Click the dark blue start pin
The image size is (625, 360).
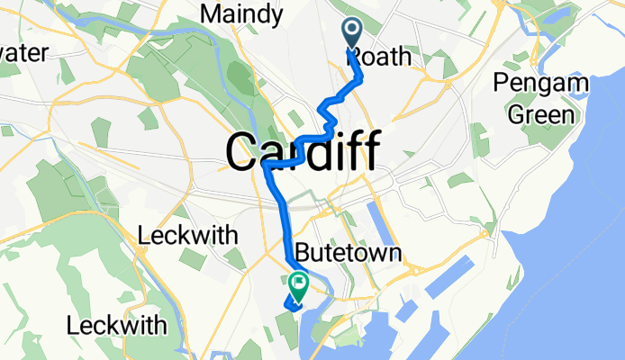tap(350, 33)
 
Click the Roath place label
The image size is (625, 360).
tap(379, 58)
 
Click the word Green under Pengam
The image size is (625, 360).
tap(541, 114)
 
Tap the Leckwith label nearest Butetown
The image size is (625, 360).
tap(187, 237)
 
